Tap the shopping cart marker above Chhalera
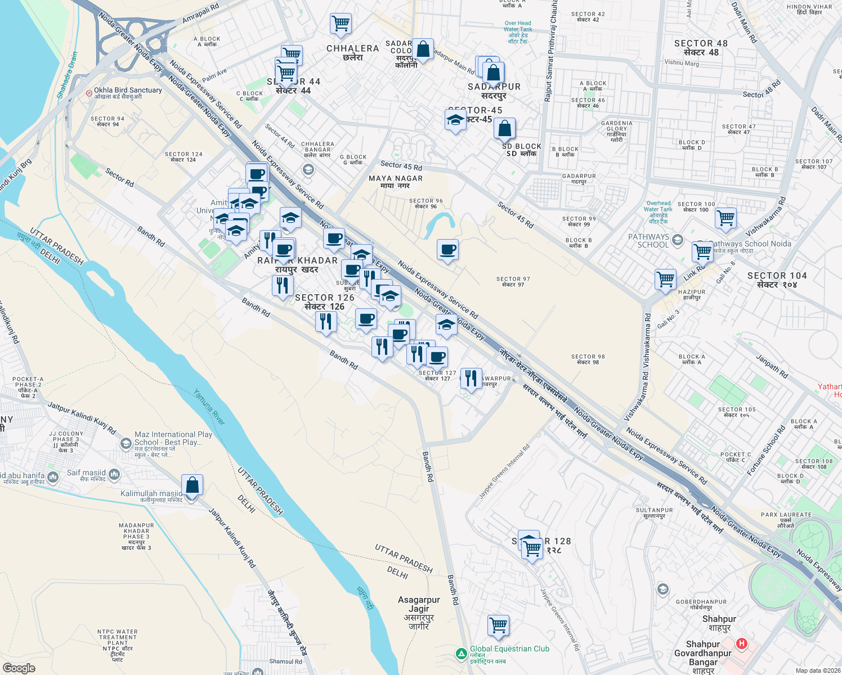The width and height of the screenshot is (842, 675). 341,24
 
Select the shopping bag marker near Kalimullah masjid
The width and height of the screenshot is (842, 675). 192,486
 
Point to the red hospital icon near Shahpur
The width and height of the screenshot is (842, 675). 742,643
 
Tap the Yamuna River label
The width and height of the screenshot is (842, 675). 209,407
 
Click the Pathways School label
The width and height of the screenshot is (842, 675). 649,241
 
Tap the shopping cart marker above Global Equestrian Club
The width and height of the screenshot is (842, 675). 498,625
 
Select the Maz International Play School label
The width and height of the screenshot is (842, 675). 173,438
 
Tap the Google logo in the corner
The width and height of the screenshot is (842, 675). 19,668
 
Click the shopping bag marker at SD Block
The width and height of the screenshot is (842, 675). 505,129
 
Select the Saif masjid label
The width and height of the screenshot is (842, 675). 86,473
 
